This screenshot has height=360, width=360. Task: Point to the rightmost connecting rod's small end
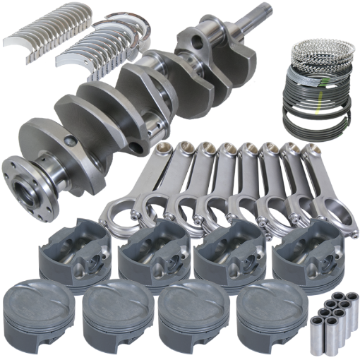click(308, 150)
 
